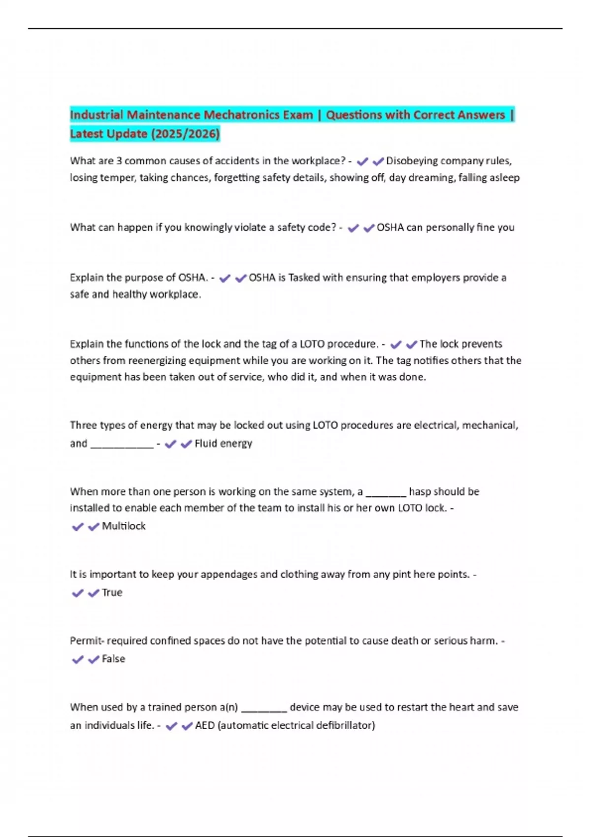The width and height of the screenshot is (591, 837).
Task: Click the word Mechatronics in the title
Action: tap(258, 115)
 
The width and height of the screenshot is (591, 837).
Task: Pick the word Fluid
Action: tap(205, 444)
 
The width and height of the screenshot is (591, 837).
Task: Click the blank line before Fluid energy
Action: tap(122, 445)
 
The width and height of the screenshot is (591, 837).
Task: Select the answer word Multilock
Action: tap(124, 526)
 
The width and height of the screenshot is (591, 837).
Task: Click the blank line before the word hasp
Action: tap(386, 493)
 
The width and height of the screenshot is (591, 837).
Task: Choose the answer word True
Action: tap(112, 593)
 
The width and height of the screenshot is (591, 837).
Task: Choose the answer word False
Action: tap(113, 659)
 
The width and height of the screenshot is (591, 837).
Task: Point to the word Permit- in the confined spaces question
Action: tap(87, 641)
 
